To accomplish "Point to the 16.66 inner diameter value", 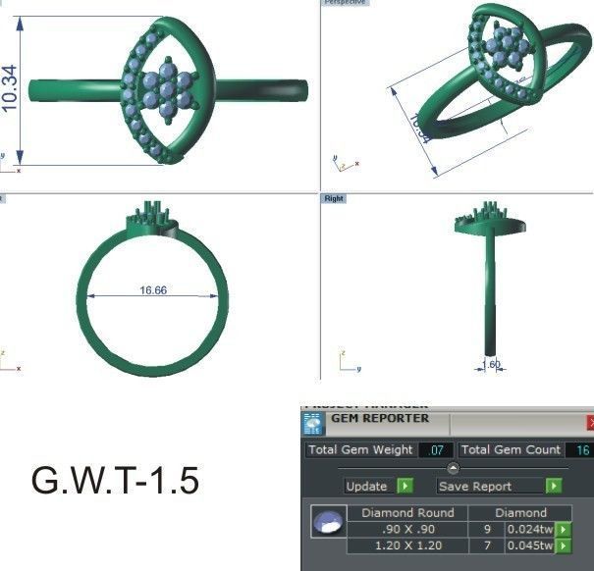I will coord(152,290).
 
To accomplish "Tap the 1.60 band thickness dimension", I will coord(491,364).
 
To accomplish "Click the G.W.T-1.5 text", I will coord(116,481).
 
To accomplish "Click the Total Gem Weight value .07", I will coord(436,450).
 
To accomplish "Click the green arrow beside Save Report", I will coord(554,486).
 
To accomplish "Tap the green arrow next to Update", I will coord(405,486).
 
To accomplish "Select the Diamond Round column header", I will coord(407,512).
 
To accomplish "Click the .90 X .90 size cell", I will coord(407,529).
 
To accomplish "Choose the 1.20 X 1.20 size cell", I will coord(407,545).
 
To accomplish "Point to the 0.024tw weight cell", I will coord(529,529).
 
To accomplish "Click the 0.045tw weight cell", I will coord(529,545).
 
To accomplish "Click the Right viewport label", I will coord(334,198).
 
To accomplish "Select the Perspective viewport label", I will coord(345,3).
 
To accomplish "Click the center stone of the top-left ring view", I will coord(167,87).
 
